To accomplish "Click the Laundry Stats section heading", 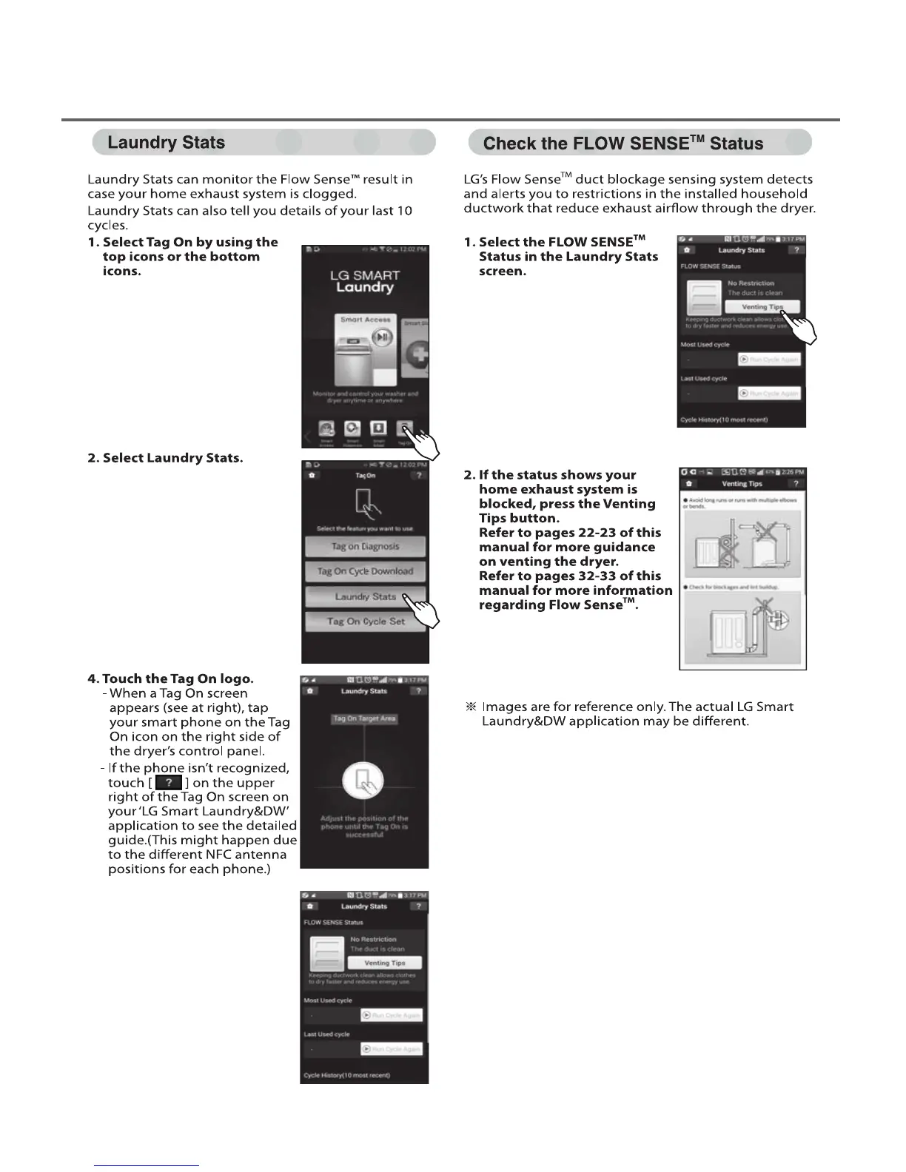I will click(167, 143).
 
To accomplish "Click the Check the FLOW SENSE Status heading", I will click(623, 144).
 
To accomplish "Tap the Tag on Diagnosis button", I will click(365, 547).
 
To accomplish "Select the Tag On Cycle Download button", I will click(365, 571).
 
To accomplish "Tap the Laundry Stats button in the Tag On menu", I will click(365, 596).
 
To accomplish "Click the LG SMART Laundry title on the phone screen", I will click(365, 281).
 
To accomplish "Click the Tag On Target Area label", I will click(364, 718).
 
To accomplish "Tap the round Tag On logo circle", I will click(363, 781).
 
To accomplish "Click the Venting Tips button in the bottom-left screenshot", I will click(385, 963).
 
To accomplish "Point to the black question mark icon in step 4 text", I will click(169, 783).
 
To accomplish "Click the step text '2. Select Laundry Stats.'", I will click(165, 458).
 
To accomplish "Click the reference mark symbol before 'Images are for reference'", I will click(469, 707).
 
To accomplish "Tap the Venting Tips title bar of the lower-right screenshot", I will click(742, 484).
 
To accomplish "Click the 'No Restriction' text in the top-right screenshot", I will click(751, 283).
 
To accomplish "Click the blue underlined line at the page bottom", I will click(147, 1165).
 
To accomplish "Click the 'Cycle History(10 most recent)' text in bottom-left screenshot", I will click(347, 1075).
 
